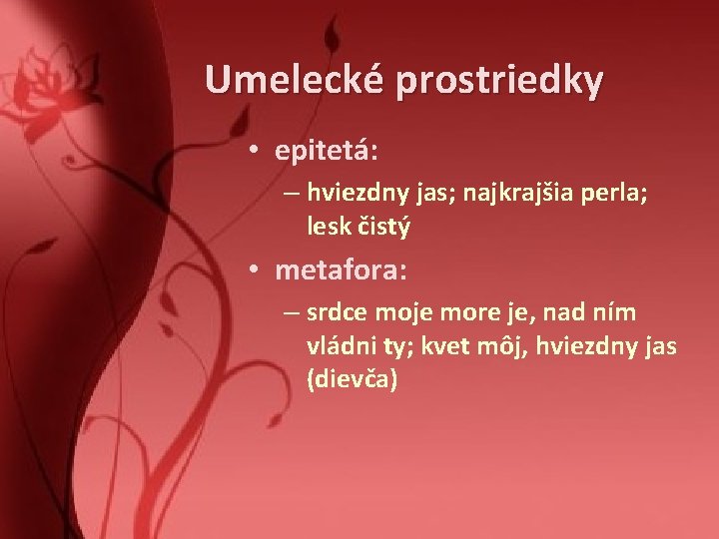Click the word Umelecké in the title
pos(295,79)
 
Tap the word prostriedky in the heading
pos(498,80)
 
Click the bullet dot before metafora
pos(257,270)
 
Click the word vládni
pos(340,346)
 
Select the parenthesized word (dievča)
pos(352,380)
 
